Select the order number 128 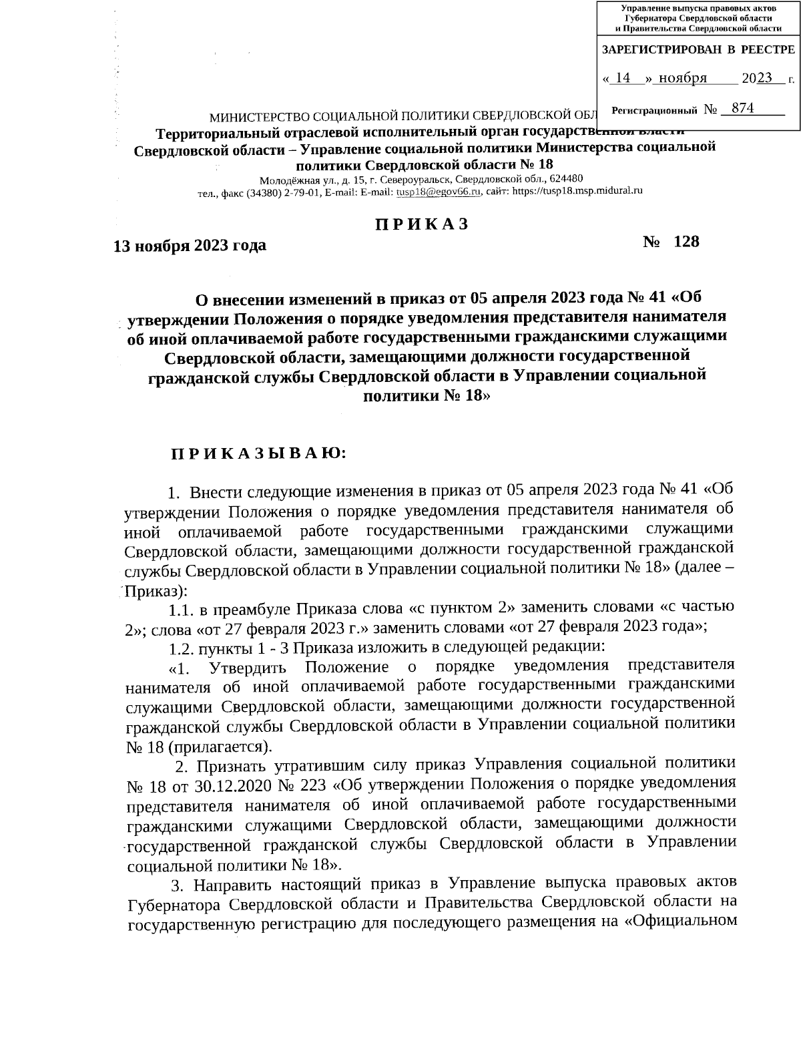click(x=686, y=242)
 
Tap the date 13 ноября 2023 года click(x=190, y=246)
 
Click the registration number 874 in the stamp click(x=742, y=108)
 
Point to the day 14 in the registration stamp click(x=623, y=79)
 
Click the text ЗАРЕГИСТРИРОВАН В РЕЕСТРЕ click(x=698, y=50)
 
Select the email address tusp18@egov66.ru click(x=439, y=192)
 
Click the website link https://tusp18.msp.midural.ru click(x=581, y=192)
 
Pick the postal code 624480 click(x=565, y=179)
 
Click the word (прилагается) click(x=218, y=745)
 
